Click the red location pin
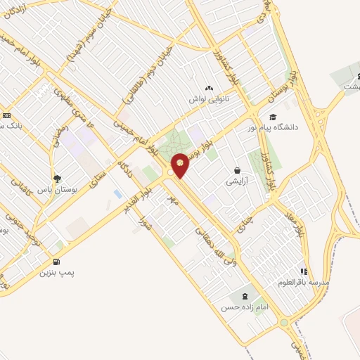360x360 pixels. coord(181,165)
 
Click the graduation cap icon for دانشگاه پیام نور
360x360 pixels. coord(273,117)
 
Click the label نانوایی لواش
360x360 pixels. coord(207,98)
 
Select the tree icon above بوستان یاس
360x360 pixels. coord(58,179)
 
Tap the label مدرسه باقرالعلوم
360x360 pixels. coord(303,282)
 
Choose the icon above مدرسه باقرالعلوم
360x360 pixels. coord(304,271)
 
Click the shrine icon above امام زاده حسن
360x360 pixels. coord(244,296)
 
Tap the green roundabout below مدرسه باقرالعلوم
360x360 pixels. coord(284,323)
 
